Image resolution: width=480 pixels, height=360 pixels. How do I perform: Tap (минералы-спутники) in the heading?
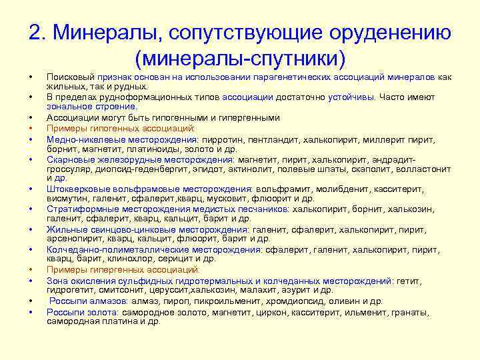240,58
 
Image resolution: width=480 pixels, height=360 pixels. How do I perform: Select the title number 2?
37,33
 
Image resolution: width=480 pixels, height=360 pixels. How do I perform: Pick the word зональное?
67,106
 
